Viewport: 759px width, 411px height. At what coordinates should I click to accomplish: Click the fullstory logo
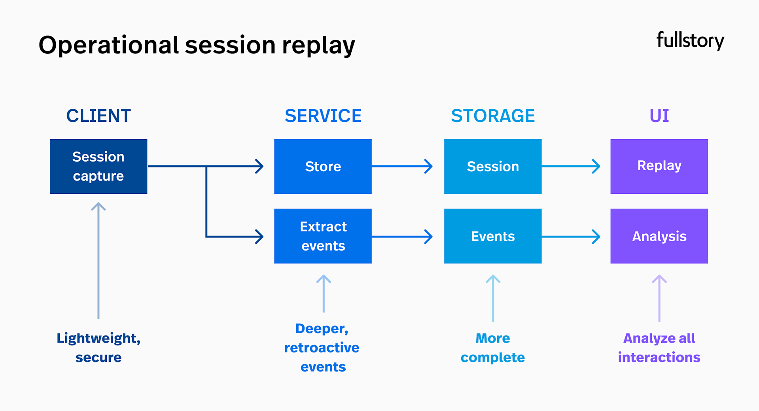[690, 41]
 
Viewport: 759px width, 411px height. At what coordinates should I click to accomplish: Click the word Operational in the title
[109, 45]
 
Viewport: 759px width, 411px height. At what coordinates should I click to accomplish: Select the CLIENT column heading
[98, 116]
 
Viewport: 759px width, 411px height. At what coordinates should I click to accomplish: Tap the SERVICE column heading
[323, 116]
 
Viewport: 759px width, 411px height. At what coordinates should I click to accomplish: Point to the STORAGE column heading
[493, 116]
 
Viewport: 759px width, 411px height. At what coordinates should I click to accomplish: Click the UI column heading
[659, 116]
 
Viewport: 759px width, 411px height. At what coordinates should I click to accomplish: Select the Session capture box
[98, 167]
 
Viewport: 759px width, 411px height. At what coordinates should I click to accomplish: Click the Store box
[323, 167]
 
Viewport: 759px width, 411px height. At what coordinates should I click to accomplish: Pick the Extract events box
[323, 236]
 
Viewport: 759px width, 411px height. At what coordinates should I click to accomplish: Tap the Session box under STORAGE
[493, 167]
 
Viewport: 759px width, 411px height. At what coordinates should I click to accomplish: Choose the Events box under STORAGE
[493, 236]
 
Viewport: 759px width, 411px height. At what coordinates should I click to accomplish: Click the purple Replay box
[659, 167]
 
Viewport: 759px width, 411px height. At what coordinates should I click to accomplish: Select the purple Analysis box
[659, 236]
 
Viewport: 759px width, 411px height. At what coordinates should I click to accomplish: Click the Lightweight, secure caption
[98, 348]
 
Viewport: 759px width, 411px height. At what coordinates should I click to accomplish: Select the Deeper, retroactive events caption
[322, 348]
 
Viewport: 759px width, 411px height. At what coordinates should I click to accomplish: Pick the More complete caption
[493, 348]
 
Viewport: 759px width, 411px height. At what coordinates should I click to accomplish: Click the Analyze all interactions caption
[659, 348]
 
